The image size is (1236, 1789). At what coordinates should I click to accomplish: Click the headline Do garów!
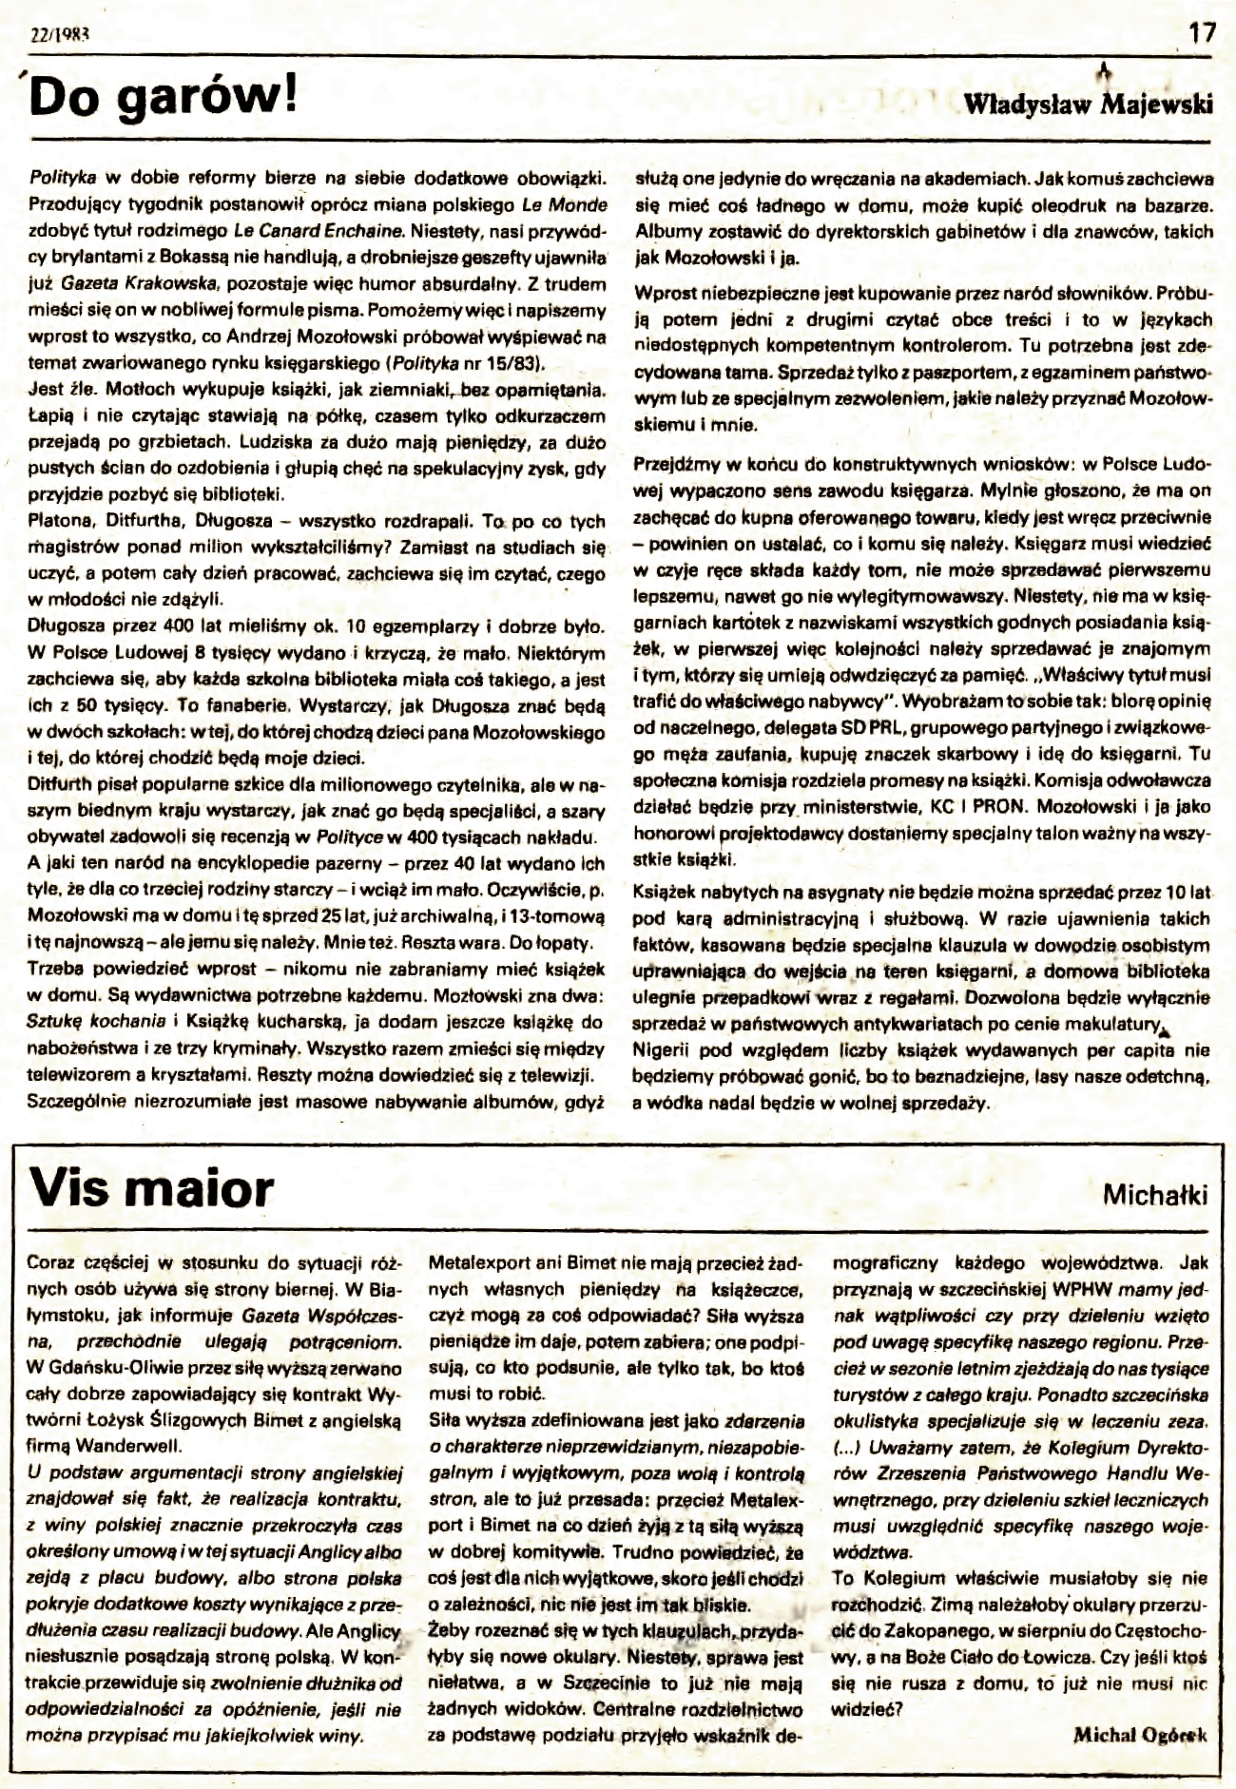point(164,100)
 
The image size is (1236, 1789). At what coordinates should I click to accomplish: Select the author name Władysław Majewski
point(1089,105)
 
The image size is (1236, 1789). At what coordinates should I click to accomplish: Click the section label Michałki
point(1154,1194)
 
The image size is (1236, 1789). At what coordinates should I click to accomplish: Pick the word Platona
point(60,522)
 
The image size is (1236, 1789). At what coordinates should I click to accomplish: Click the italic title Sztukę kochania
point(89,1023)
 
